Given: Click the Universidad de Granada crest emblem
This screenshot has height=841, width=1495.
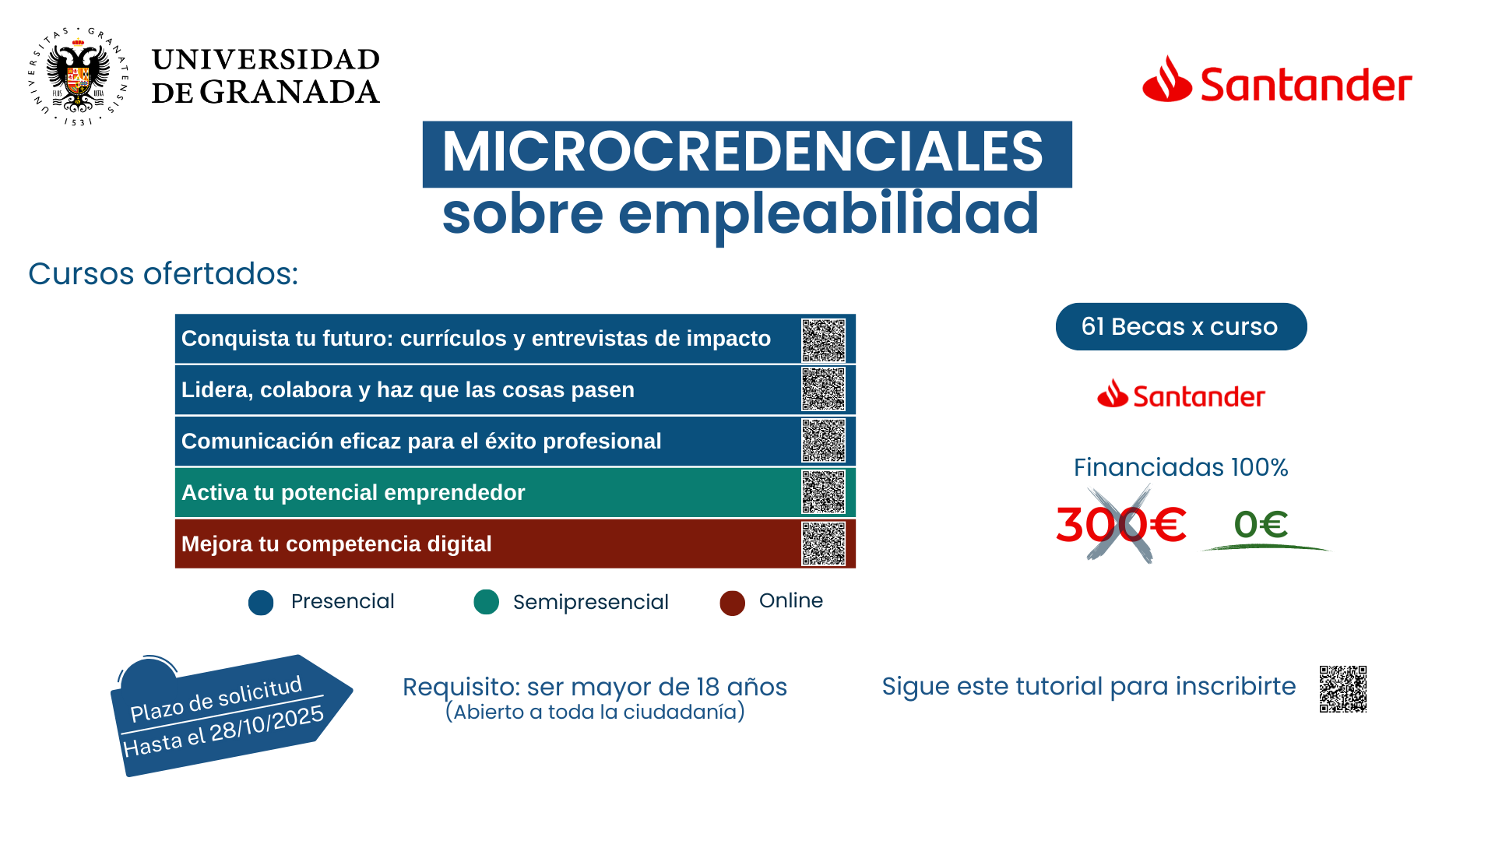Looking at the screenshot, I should [78, 76].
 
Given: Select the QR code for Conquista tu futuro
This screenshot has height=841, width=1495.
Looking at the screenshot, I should [823, 340].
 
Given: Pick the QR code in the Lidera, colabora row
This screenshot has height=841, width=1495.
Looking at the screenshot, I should [823, 389].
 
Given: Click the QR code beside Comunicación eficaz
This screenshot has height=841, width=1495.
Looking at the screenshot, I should [823, 441].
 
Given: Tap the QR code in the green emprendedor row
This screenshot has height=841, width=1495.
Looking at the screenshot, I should [823, 492].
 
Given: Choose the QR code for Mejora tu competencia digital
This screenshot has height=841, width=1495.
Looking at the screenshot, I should [823, 544].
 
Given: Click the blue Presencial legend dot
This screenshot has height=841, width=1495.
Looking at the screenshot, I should [261, 603].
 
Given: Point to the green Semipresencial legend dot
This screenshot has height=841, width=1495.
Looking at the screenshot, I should [486, 602].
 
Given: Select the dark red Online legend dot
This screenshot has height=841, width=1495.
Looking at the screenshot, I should [732, 603].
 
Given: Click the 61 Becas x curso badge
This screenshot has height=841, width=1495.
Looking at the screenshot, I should [1180, 327].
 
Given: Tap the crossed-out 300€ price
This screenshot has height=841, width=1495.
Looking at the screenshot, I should [1120, 524].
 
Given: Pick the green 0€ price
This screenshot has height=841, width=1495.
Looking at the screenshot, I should [1261, 524].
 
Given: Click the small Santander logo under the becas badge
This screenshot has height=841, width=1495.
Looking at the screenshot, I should [1180, 396].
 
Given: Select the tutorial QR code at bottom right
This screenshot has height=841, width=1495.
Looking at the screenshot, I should [1342, 689].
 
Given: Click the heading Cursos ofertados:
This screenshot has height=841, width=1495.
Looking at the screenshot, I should [164, 274].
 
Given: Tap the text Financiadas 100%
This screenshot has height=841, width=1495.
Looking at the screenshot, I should [1180, 467].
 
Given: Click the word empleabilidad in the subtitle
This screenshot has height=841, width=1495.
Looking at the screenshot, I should [828, 214].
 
